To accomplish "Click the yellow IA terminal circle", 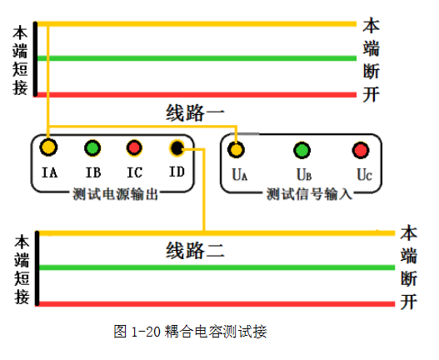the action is [48, 147].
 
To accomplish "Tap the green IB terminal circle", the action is [92, 147].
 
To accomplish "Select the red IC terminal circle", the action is [134, 147].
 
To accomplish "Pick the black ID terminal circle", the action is [177, 147].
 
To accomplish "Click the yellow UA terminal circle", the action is [236, 150].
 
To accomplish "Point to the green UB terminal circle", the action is [302, 150].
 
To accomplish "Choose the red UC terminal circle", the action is [361, 150].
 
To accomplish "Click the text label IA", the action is [49, 172].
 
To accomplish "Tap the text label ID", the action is [177, 172].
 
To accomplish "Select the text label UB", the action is [304, 174].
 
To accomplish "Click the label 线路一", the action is [195, 112].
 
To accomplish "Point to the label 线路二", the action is [195, 250].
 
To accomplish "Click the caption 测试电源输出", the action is [115, 194].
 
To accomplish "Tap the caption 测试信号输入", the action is [309, 194].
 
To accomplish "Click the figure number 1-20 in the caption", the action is [146, 332].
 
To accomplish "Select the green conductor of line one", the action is [197, 58].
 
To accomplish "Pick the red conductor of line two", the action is [217, 304].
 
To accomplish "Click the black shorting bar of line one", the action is [35, 59].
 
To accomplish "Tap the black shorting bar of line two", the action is [37, 268].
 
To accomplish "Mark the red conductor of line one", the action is [197, 95].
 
